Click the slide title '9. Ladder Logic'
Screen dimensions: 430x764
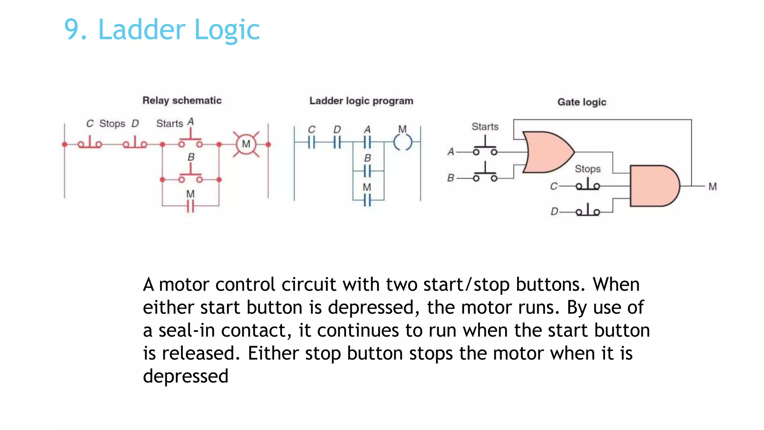coord(162,30)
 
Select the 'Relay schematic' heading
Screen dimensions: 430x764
coord(182,100)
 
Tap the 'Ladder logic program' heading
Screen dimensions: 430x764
coord(361,101)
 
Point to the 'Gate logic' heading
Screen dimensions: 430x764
coord(582,102)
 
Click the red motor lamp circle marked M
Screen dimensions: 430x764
coord(246,144)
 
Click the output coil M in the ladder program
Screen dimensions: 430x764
coord(403,142)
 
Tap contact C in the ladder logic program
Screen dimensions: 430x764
coord(311,142)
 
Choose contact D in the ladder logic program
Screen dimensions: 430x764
coord(337,142)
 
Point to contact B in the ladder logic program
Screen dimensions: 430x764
coord(367,171)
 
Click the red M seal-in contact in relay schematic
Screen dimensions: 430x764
coord(190,205)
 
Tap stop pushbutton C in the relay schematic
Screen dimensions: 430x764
coord(90,143)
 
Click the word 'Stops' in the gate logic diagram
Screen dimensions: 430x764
coord(588,169)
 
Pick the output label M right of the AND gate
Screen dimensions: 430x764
coord(713,186)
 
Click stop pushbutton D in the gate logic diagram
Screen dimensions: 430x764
coord(588,211)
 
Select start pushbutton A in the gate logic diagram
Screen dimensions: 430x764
coord(485,149)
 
